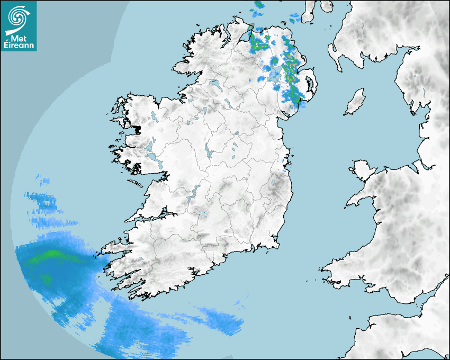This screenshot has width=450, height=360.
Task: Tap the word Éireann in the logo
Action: point(19,46)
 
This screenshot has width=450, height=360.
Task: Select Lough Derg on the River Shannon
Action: point(194,193)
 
